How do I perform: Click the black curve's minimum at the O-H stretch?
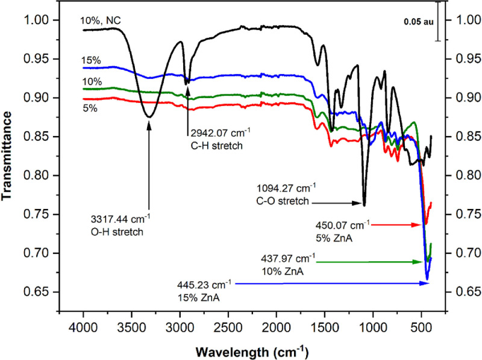tap(149, 117)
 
